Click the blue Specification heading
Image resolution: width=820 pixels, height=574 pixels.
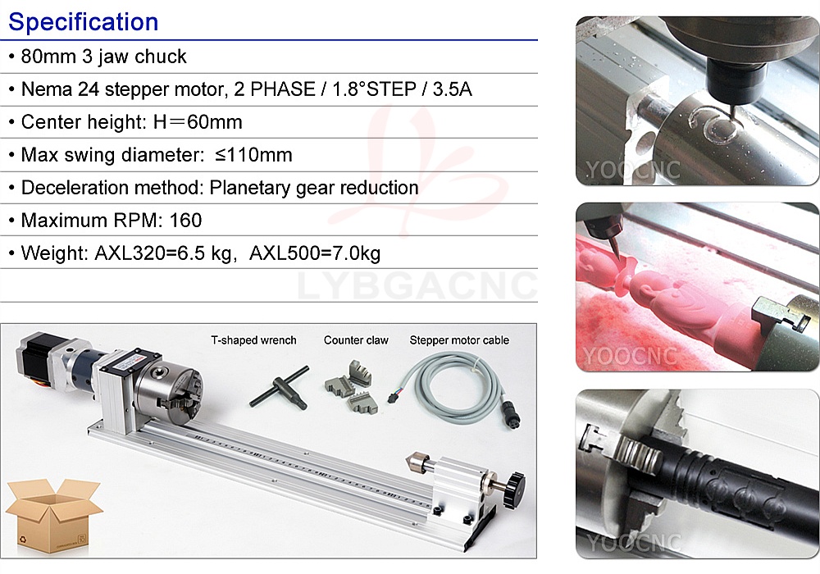coord(83,22)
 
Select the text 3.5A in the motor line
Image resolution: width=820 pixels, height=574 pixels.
coord(453,89)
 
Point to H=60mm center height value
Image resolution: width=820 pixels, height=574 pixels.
coord(198,122)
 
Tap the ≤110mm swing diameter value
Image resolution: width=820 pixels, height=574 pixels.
coord(253,155)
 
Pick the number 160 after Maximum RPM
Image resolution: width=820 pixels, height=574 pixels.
coord(185,221)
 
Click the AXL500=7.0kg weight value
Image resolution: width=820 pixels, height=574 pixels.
coord(315,253)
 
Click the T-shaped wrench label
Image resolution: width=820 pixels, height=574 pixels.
coord(253,340)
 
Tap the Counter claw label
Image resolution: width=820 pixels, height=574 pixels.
coord(356,340)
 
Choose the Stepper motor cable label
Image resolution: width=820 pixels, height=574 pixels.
coord(459,340)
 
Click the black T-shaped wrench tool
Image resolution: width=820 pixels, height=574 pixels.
coord(280,388)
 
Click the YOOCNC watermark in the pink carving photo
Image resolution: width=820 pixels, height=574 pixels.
coord(630,357)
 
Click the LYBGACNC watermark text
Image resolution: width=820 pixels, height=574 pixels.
coord(417,285)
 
